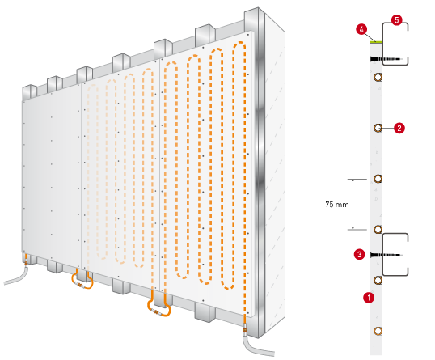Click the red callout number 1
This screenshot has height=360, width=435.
point(369,298)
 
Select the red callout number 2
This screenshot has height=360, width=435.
point(399,128)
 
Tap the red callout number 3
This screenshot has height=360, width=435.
point(360,254)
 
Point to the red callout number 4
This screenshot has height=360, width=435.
point(361,29)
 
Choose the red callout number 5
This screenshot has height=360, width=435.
point(397,20)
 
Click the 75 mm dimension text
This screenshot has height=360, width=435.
point(337,205)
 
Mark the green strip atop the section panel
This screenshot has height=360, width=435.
point(376,42)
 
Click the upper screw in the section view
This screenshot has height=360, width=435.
point(386,59)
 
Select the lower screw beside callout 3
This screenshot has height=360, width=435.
point(386,255)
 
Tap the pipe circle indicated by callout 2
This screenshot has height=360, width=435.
point(378,128)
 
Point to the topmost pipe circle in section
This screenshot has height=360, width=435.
point(378,77)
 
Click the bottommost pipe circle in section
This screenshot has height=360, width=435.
point(378,331)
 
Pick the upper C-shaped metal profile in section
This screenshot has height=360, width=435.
point(383,44)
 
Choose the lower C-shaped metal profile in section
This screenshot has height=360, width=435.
point(383,255)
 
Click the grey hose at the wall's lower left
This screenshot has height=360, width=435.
point(17,277)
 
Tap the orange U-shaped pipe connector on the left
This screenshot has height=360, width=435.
point(82,285)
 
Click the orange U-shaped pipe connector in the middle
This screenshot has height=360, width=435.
point(159,312)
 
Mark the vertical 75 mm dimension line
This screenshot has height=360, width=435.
point(353,205)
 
